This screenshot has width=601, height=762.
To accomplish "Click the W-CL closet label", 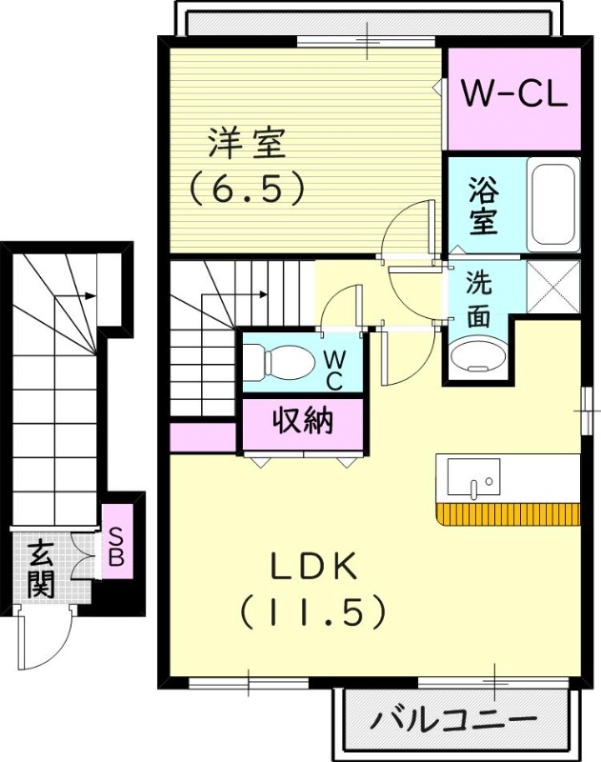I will tap(513, 93).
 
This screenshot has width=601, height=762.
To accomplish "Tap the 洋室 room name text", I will tap(247, 146).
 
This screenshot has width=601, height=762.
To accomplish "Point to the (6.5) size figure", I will tap(247, 187).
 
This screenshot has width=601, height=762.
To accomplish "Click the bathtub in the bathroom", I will tap(552, 205).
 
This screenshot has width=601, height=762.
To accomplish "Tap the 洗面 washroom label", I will tap(478, 299).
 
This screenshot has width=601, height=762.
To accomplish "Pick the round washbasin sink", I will tap(477, 355).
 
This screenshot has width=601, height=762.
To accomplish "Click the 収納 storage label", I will tap(303, 420).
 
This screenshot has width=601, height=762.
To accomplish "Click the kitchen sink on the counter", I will tap(473, 477).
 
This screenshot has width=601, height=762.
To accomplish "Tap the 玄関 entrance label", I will tap(40, 569).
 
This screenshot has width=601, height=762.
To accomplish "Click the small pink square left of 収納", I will tap(203, 436).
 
